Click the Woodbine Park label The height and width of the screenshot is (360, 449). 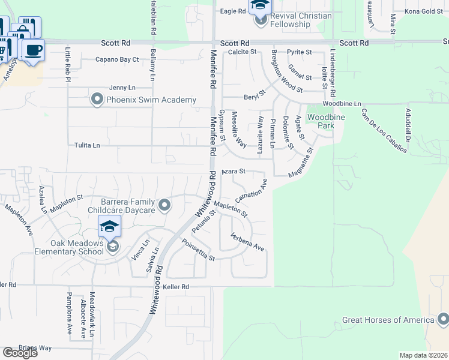[x=326, y=121]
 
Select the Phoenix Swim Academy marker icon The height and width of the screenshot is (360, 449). [x=97, y=100]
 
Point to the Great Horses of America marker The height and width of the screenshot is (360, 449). [x=442, y=319]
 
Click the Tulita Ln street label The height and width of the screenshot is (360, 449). [x=87, y=145]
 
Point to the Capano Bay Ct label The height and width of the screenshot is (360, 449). [x=117, y=59]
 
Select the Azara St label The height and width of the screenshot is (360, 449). [x=234, y=172]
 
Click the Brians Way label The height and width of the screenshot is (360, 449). [x=35, y=347]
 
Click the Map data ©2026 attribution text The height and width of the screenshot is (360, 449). [x=424, y=355]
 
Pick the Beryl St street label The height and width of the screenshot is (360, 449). [x=254, y=97]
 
